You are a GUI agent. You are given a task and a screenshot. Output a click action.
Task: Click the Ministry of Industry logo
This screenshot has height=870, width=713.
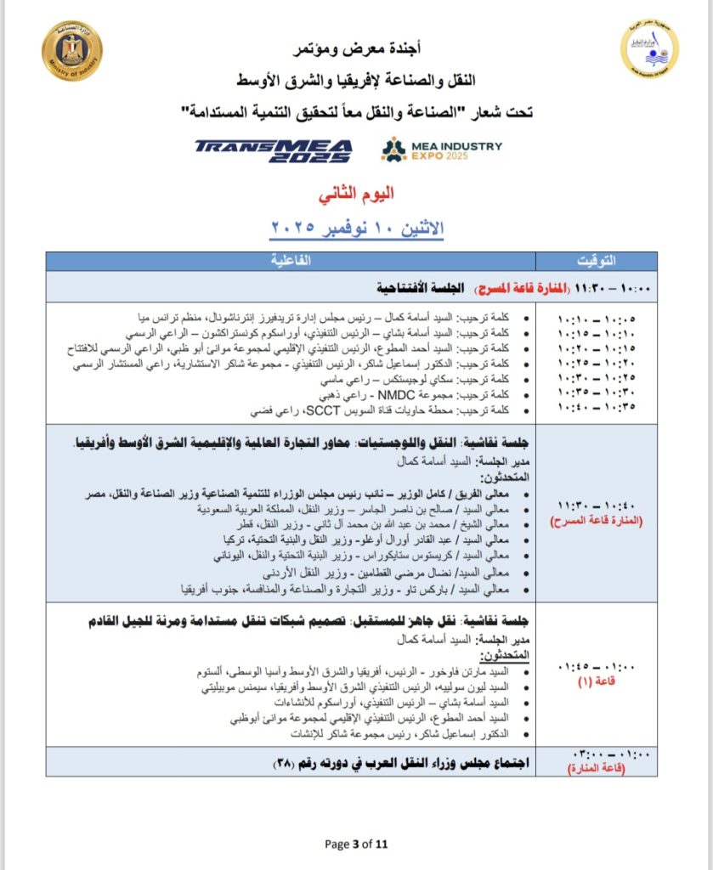[71, 52]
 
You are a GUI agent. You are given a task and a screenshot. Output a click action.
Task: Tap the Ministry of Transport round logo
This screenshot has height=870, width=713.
[649, 49]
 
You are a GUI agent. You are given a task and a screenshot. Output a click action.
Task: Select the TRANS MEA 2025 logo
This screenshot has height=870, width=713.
[273, 150]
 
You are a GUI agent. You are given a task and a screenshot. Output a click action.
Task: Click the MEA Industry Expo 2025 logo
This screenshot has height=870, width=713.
[441, 150]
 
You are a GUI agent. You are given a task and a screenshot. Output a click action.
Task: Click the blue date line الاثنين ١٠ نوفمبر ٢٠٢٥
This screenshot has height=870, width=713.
[357, 228]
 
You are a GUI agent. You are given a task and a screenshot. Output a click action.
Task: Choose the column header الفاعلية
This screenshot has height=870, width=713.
[291, 260]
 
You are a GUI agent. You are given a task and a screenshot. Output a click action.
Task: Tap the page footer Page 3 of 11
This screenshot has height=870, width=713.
[356, 844]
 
